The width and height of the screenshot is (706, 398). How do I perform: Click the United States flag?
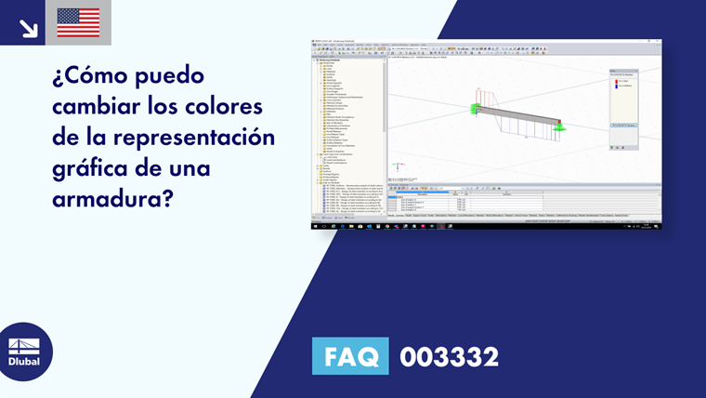click(78, 22)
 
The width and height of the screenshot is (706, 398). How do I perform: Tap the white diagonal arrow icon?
click(28, 27)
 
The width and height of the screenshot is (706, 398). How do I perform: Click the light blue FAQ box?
click(350, 356)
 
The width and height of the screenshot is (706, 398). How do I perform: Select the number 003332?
click(449, 356)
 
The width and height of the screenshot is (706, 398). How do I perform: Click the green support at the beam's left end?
click(476, 110)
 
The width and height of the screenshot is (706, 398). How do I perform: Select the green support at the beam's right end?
click(560, 126)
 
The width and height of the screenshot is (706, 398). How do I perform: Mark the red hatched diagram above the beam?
click(487, 97)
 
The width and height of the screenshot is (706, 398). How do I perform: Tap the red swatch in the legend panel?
click(615, 82)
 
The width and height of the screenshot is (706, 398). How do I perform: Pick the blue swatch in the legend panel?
click(615, 86)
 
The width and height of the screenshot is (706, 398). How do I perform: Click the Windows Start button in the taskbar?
click(314, 226)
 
